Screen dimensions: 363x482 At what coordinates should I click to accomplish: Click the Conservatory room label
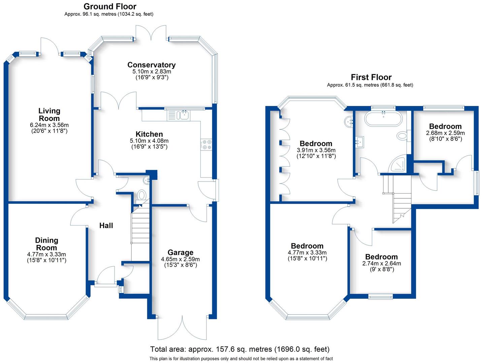151,65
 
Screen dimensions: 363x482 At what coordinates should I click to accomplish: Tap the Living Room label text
49,114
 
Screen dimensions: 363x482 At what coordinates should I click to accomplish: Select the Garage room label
180,252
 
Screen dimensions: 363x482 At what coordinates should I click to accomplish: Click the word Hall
106,226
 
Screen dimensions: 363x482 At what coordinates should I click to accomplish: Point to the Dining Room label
46,244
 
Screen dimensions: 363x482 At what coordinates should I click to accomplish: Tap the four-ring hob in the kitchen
206,144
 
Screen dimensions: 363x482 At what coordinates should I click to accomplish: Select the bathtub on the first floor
383,119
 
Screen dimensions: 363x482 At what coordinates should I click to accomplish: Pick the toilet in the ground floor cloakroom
142,195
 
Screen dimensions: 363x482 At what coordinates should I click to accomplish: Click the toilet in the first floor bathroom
402,136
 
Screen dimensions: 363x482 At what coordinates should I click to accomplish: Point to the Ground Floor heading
110,6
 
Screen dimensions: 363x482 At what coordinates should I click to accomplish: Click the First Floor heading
371,77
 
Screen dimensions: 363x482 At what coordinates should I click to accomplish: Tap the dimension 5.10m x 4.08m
149,141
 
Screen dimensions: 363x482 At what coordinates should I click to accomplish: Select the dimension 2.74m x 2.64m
382,264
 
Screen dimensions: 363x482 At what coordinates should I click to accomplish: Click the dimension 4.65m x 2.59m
180,259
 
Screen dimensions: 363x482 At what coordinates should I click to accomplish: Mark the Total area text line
240,349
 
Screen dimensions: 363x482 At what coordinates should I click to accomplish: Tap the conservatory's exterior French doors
151,34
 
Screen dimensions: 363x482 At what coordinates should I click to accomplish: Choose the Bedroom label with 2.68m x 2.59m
445,126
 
